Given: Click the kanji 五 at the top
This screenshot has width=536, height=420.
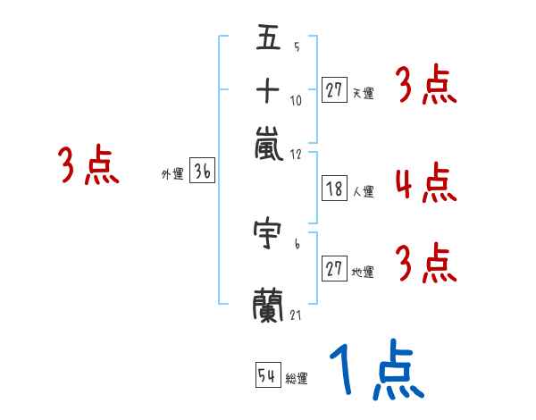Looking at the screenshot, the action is [268, 37].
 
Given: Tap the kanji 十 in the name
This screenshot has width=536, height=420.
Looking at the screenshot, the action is [268, 90].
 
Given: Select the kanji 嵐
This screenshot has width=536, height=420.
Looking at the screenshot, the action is [269, 144].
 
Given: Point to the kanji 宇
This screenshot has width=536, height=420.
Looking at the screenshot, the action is [267, 232].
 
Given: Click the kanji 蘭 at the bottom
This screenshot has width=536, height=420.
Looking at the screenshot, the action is [268, 306].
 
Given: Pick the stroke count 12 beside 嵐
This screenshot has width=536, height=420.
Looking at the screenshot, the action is [296, 155].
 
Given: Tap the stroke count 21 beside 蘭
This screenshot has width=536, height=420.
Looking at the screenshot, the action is [296, 315].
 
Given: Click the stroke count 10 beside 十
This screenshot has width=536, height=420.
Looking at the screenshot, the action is [296, 101].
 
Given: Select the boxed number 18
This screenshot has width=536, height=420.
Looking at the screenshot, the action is [334, 189].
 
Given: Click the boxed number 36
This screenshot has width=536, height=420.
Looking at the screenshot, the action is [203, 170].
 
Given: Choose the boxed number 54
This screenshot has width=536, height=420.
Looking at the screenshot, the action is [268, 374].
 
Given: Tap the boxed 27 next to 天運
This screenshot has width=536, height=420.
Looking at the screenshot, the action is [334, 90].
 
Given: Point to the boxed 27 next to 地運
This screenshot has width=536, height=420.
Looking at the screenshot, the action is [334, 268].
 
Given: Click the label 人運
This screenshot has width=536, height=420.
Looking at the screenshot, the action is [364, 191].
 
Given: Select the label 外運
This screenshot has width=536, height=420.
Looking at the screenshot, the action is [173, 173].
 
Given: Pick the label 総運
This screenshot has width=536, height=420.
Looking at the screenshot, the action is [297, 378].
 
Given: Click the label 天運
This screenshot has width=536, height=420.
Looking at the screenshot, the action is [364, 93].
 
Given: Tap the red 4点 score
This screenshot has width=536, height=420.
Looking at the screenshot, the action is [426, 182].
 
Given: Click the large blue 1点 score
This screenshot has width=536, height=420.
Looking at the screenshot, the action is [377, 369].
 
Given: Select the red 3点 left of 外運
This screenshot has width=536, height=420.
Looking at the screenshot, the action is [88, 164].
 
